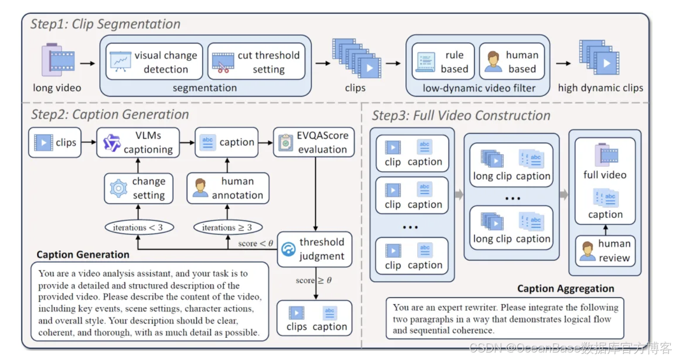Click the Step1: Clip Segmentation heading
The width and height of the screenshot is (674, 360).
point(105,24)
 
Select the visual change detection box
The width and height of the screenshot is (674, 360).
point(154,61)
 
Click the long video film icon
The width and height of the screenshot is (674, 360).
point(58,60)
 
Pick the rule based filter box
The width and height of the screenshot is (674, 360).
point(443,61)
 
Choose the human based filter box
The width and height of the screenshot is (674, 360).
point(511,61)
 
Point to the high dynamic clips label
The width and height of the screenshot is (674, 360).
point(600,88)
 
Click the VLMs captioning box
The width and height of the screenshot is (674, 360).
point(138,142)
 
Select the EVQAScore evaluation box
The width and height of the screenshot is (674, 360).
point(314,142)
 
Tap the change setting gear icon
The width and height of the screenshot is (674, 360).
point(119,188)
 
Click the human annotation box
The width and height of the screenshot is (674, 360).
point(228,188)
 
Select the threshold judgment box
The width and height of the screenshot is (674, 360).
point(314,249)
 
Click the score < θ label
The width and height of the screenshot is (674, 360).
point(255,243)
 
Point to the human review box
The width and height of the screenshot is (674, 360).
point(605,251)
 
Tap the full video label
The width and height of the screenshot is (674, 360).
point(605,175)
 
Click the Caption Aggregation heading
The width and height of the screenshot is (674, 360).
point(565,288)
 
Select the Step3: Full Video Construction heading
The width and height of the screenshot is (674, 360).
point(461,116)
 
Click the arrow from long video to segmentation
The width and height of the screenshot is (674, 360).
point(87,62)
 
